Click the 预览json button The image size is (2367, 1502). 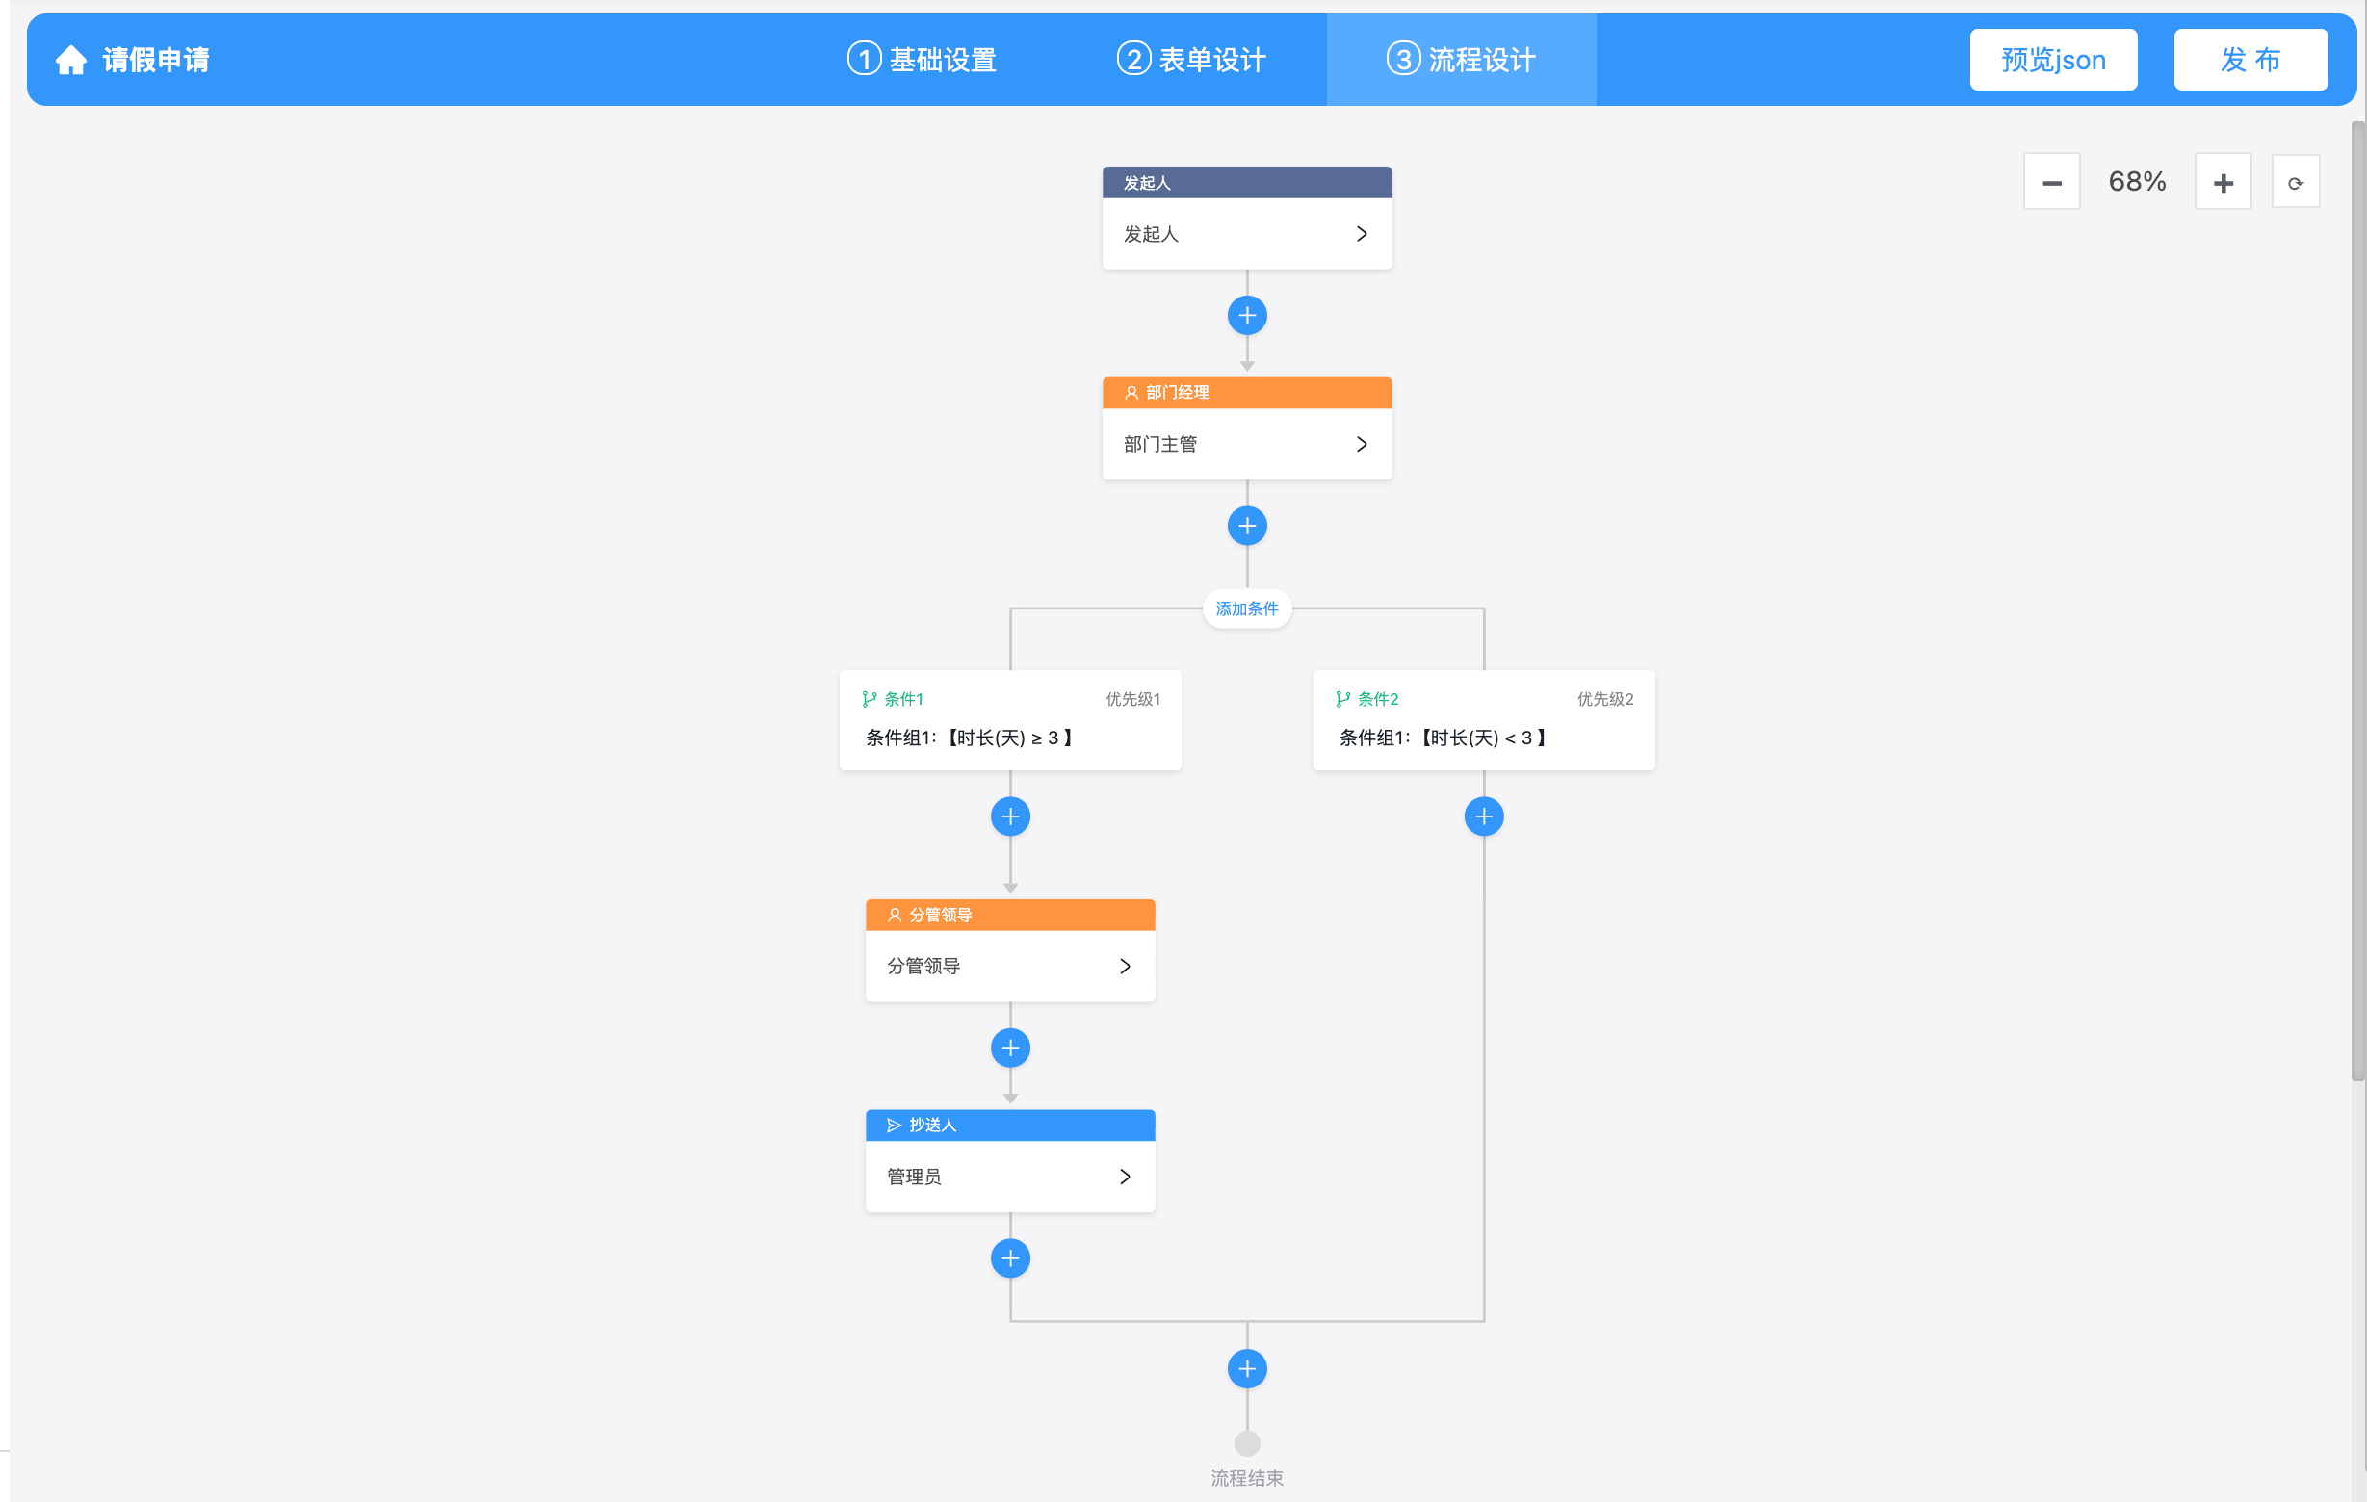click(2052, 60)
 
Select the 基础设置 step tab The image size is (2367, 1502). click(922, 60)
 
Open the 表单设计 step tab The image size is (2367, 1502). click(1191, 60)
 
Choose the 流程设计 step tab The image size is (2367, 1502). click(1461, 60)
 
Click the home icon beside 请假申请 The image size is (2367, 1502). click(70, 60)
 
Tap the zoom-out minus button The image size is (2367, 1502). click(2051, 182)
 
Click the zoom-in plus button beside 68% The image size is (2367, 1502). click(2224, 182)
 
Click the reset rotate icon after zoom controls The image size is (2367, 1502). click(2295, 182)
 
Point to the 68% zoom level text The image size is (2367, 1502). click(2137, 182)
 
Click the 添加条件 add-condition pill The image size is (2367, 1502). click(1246, 609)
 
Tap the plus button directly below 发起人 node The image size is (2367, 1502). click(1246, 316)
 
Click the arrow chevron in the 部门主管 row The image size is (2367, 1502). click(1362, 444)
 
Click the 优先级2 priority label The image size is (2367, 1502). click(1605, 699)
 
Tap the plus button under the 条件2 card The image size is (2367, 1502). click(1483, 816)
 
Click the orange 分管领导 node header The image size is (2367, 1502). click(1009, 915)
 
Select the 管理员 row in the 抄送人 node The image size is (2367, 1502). click(1009, 1177)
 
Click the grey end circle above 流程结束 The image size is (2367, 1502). click(1246, 1443)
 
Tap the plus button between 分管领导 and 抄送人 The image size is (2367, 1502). click(1009, 1048)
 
